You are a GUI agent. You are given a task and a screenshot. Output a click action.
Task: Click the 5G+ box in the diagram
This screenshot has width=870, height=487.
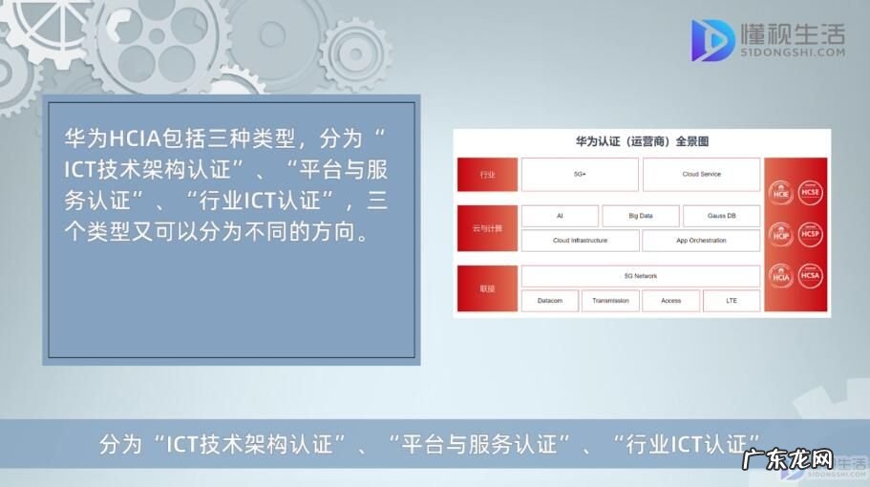(x=580, y=175)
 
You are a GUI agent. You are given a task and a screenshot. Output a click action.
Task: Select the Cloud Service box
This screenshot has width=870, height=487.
(x=701, y=175)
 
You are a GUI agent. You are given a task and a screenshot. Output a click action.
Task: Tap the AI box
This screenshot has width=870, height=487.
(x=560, y=216)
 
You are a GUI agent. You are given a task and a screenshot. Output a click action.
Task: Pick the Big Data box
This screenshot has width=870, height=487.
(x=640, y=216)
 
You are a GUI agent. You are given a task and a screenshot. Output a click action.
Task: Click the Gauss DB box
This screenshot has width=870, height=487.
(x=721, y=216)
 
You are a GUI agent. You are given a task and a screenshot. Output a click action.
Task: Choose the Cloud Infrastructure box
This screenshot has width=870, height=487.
(x=580, y=241)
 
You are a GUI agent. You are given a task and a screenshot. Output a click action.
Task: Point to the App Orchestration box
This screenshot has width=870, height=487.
(x=701, y=241)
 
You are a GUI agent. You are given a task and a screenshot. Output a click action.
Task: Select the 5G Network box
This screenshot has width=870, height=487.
(x=640, y=276)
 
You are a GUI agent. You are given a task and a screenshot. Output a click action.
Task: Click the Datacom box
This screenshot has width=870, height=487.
(x=550, y=301)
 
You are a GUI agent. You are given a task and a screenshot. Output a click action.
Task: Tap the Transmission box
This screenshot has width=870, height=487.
(x=610, y=301)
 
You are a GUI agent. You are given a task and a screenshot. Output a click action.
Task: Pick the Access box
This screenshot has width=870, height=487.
(x=670, y=301)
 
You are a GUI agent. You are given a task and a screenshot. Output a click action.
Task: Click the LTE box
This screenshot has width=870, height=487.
(x=732, y=301)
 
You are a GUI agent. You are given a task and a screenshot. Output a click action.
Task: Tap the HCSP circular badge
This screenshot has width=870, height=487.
(x=811, y=232)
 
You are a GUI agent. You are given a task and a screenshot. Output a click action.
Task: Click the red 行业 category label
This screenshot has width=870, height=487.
(x=487, y=175)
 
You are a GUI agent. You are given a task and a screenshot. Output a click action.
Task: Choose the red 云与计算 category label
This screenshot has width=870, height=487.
(x=487, y=228)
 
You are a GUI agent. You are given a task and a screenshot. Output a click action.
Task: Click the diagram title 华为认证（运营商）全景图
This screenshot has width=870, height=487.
(x=641, y=141)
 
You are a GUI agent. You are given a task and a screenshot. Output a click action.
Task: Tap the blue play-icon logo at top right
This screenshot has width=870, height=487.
(x=711, y=40)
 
